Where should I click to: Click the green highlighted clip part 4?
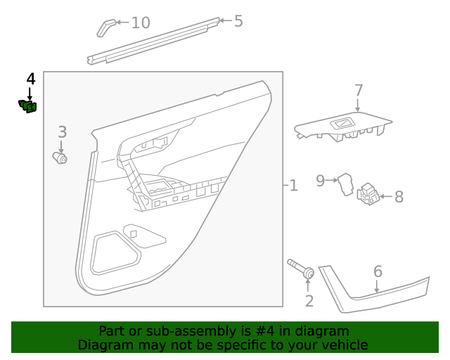28,106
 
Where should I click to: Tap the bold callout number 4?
30,79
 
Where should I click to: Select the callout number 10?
141,22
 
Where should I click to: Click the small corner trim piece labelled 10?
105,27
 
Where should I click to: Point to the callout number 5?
238,21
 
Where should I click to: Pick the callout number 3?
62,131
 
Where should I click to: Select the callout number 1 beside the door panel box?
293,186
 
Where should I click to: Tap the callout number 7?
359,91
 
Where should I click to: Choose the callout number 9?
321,181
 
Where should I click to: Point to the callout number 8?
399,197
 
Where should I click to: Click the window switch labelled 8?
368,194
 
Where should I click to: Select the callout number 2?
309,302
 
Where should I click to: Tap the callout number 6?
378,271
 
